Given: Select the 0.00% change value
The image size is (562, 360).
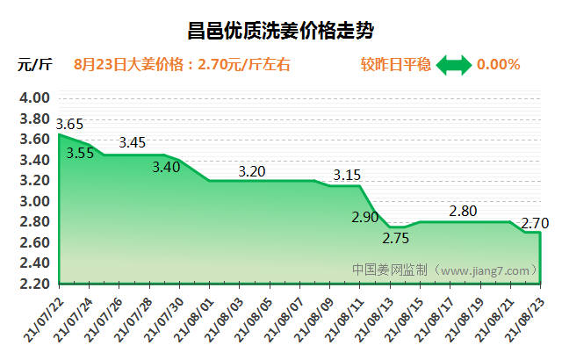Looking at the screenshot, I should point(498,64).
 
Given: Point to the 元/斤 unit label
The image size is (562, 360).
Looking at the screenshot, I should point(35,64).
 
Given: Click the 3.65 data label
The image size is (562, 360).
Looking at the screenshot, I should point(69,124).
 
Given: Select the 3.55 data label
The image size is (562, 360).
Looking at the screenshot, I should point(80,153).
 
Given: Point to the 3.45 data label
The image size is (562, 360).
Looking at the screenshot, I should point(133,141).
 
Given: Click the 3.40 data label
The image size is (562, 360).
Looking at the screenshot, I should point(166,166).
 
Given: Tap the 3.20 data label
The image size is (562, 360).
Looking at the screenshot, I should point(252,171).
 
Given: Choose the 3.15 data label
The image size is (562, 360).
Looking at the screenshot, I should point(347,175).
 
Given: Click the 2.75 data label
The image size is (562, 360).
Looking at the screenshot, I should point(395,239).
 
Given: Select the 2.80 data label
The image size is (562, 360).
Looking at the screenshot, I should point(463,211).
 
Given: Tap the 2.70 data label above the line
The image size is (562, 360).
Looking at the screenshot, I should point(536,223).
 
